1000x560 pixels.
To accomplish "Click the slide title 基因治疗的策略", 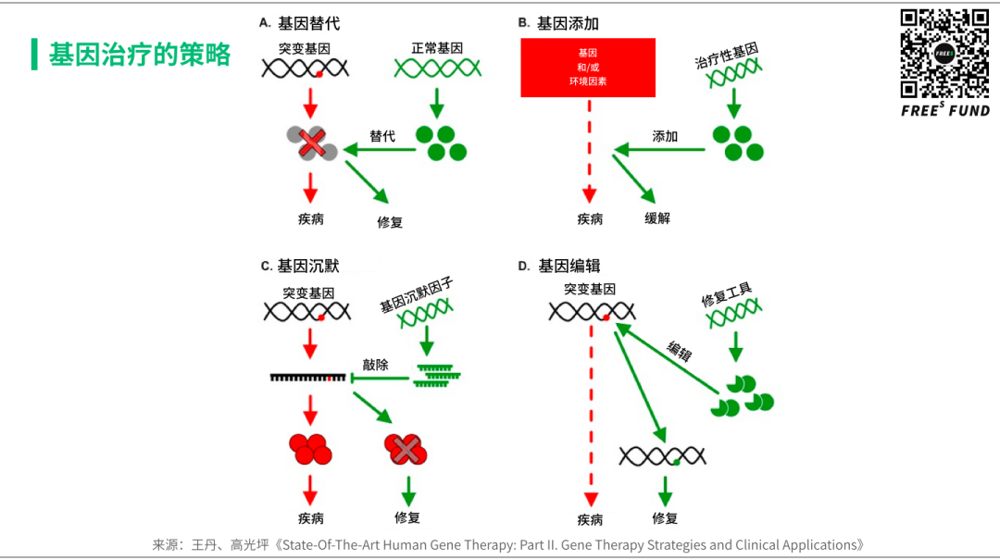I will [140, 55].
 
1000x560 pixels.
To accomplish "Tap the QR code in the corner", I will [944, 54].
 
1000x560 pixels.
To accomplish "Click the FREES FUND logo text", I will [944, 111].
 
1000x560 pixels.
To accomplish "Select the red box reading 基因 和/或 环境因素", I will [588, 68].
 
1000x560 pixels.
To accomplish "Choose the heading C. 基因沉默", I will [300, 266].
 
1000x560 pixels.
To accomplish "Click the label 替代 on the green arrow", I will [381, 136].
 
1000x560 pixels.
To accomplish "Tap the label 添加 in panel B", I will [665, 136].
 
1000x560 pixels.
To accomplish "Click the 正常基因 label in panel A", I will [437, 47].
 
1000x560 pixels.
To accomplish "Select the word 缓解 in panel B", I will [657, 218].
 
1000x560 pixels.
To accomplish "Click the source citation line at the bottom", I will [508, 545].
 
